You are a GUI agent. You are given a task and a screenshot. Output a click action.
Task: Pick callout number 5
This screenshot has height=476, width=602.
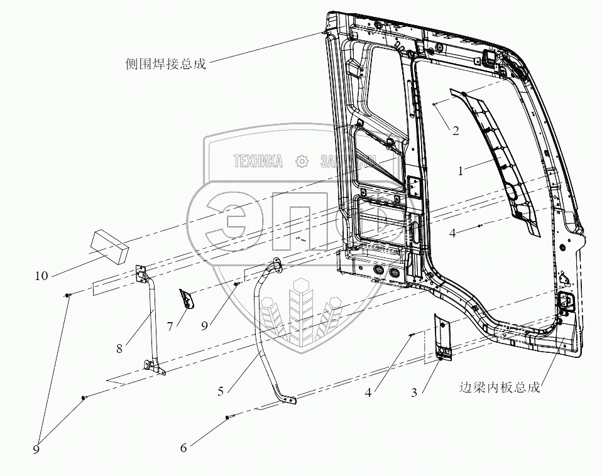pyautogui.click(x=221, y=391)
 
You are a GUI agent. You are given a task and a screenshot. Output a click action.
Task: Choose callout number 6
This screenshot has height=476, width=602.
pyautogui.click(x=183, y=448)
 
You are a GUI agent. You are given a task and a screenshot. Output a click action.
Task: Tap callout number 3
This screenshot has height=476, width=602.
pyautogui.click(x=414, y=392)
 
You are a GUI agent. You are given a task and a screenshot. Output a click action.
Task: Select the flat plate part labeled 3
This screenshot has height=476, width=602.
pyautogui.click(x=444, y=337)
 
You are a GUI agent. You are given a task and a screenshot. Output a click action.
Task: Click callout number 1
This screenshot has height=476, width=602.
pyautogui.click(x=461, y=170)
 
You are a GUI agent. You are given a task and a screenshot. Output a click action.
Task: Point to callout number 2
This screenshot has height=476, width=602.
pyautogui.click(x=456, y=131)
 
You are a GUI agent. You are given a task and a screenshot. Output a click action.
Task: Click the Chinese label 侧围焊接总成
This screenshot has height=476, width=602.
pyautogui.click(x=166, y=64)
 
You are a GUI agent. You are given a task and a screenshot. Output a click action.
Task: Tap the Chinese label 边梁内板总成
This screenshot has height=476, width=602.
pyautogui.click(x=500, y=388)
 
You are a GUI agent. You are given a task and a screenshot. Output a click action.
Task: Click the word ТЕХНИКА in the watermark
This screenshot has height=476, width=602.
pyautogui.click(x=258, y=161)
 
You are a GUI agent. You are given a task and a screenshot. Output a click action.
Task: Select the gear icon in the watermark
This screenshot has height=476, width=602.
pyautogui.click(x=302, y=161)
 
